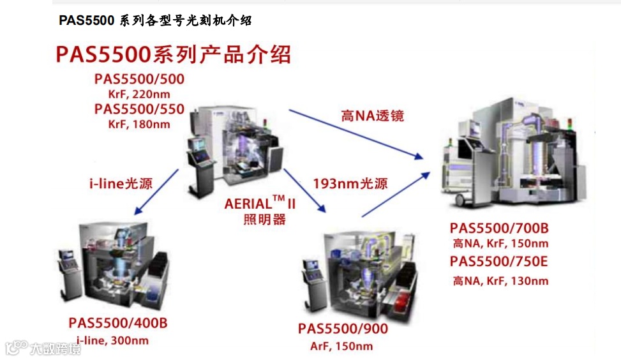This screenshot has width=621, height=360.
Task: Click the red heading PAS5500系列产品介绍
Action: click(173, 54)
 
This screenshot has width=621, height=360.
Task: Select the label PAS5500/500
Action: click(139, 80)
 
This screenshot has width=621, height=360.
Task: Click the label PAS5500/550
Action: click(139, 109)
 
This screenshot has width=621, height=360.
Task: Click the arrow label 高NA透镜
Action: click(373, 116)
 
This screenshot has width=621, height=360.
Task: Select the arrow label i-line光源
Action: click(121, 184)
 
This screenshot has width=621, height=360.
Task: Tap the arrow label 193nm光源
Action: click(350, 184)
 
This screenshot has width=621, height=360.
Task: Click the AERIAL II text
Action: click(260, 205)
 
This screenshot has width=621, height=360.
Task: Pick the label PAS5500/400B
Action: click(118, 323)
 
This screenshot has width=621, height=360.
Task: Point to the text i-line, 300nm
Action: click(112, 340)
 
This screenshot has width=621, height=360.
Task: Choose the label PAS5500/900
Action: click(343, 329)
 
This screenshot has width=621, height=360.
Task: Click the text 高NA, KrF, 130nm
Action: click(501, 280)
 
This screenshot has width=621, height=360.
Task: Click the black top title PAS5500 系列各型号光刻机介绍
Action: click(155, 20)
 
